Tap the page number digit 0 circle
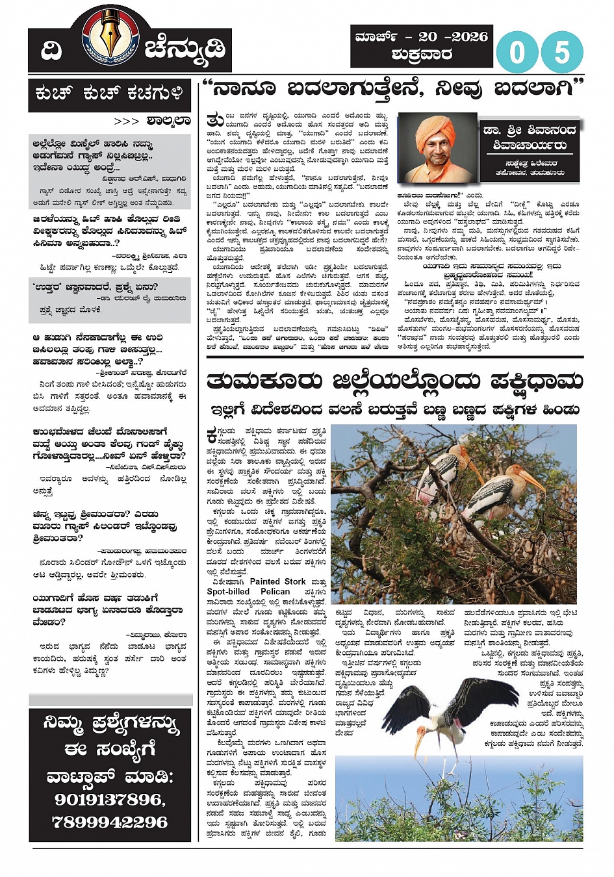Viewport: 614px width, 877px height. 517,53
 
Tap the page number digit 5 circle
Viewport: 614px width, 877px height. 561,53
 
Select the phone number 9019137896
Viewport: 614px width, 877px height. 110,800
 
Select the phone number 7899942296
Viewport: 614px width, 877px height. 110,822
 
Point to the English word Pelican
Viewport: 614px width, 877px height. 275,592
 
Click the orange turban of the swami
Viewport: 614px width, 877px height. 435,131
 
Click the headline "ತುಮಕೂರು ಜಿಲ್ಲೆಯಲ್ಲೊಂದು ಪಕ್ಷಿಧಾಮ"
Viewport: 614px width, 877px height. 394,381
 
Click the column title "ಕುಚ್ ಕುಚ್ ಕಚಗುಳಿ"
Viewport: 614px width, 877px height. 109,94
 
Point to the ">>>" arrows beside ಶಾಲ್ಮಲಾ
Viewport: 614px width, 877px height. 127,121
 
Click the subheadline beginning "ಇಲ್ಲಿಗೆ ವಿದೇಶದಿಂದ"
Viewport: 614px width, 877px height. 394,410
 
